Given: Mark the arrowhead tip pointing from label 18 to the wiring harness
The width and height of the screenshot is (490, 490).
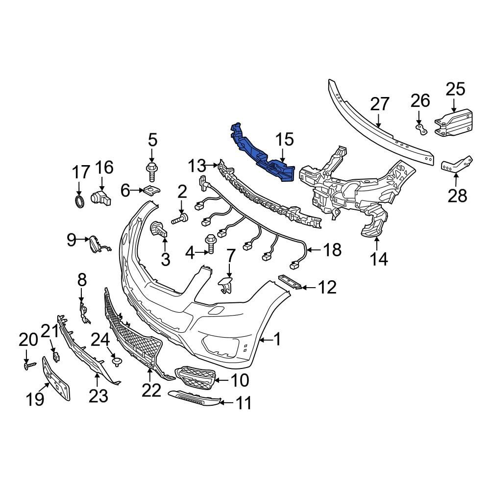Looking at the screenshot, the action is coord(307,250).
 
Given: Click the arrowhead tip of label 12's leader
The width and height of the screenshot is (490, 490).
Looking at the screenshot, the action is coord(300,287).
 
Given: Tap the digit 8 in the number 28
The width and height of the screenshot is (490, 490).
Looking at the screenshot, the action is coord(462,196).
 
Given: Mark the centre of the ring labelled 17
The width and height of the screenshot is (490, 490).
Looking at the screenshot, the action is coord(79,201).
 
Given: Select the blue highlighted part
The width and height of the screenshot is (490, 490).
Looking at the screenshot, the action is coord(262,152).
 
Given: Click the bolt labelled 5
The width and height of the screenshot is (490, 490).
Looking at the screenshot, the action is coord(151,172).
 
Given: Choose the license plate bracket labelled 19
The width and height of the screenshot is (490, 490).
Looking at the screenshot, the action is coord(56,378).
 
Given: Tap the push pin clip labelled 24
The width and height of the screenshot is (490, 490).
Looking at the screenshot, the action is coord(117,362).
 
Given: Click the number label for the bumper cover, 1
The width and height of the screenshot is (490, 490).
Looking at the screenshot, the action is coord(277,339).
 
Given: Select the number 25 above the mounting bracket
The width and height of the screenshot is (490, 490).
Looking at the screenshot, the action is coord(455,89).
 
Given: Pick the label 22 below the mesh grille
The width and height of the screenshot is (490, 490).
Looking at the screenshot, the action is coord(151,390).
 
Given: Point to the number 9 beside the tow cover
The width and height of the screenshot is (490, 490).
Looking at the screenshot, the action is coord(72,240).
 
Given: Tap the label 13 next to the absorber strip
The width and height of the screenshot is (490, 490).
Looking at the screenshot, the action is coord(197,166).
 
